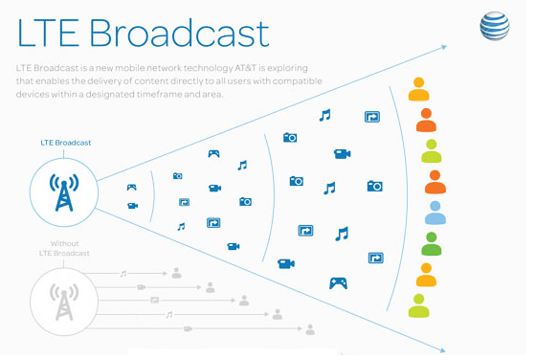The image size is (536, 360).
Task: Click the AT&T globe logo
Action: [494, 26]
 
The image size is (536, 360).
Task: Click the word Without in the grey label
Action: [65, 243]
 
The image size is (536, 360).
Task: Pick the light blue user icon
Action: [435, 213]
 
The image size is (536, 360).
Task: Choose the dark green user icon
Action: [432, 243]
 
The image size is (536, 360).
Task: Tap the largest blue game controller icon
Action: [338, 282]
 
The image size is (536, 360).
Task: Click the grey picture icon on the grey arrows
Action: [155, 300]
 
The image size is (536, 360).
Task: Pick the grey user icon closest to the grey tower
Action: [177, 274]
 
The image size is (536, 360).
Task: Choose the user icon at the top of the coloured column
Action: [418, 90]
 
